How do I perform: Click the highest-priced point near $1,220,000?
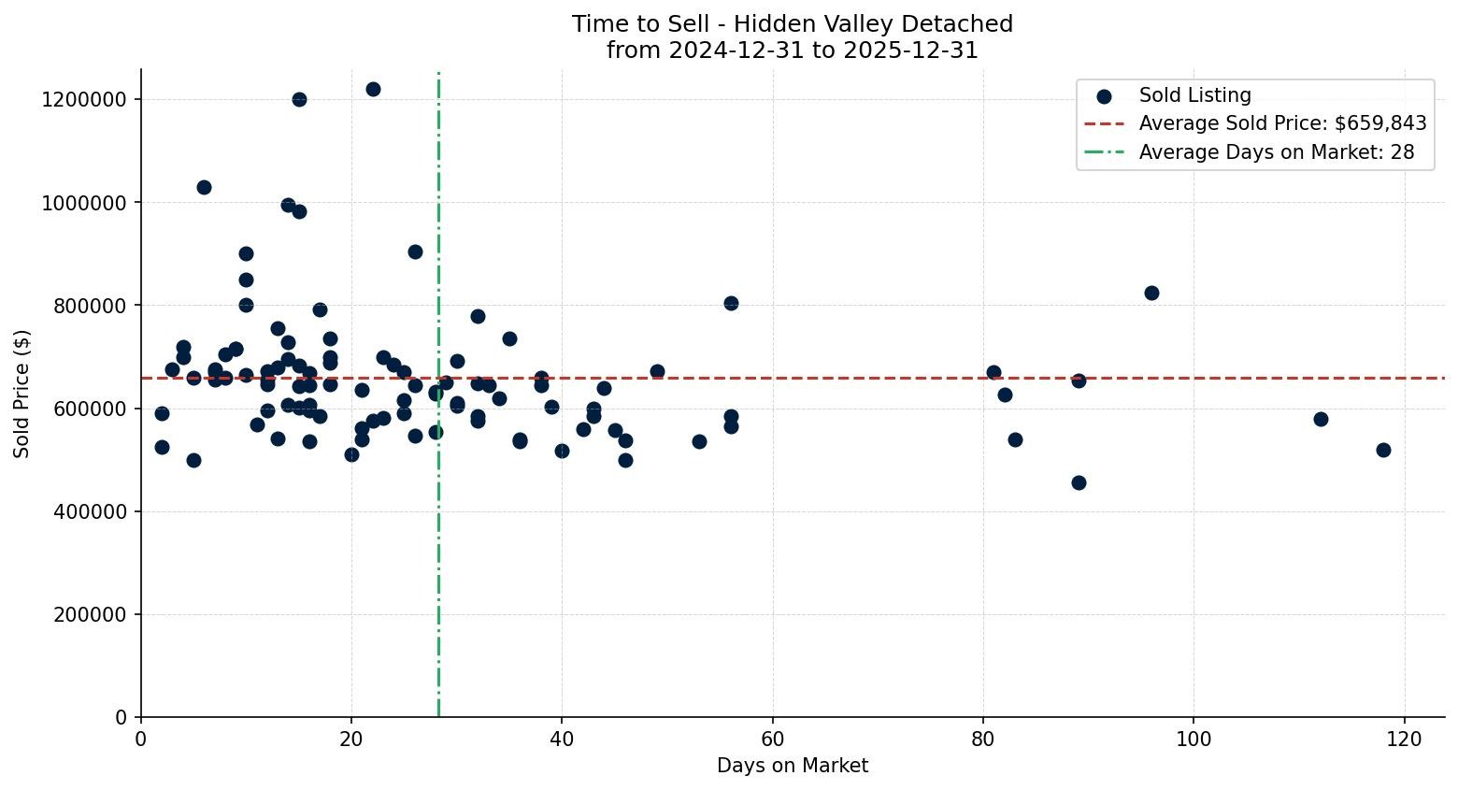[373, 90]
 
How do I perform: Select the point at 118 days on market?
[1383, 450]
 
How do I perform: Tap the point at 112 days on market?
[1321, 419]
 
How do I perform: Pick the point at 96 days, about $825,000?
[1151, 293]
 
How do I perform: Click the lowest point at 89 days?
[1079, 482]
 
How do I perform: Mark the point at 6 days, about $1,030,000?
[204, 187]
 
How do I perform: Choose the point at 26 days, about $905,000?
[415, 251]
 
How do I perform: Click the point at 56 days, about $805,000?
[731, 303]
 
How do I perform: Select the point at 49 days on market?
[657, 371]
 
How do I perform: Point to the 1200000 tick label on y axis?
[84, 99]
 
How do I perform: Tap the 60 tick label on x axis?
[772, 738]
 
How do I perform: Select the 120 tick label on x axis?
[1404, 738]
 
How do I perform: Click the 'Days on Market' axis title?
[793, 766]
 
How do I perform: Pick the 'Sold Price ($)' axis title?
[22, 394]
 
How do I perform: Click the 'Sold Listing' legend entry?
[1194, 95]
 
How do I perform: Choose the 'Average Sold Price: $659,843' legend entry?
[1282, 123]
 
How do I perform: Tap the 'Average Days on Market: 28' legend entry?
[1276, 152]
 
